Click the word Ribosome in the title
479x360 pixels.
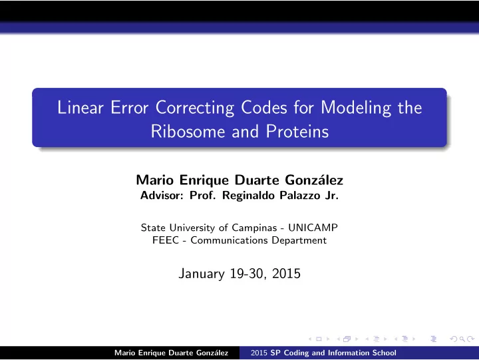(x=188, y=131)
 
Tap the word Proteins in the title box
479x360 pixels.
(x=297, y=131)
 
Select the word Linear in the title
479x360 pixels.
(x=80, y=108)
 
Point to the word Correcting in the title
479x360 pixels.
(x=195, y=108)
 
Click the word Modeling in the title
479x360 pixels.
(x=356, y=108)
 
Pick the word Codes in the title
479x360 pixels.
(x=264, y=108)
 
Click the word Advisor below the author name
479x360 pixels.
(x=162, y=195)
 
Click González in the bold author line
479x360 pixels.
(x=314, y=180)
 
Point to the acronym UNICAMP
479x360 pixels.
(x=313, y=228)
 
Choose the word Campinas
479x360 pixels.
(x=254, y=228)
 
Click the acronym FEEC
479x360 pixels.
(x=165, y=240)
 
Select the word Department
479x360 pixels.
(x=299, y=241)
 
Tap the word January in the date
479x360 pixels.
(x=202, y=273)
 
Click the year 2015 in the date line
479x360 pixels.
(x=286, y=273)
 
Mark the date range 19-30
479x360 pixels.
(x=246, y=273)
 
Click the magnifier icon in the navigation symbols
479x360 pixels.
(x=462, y=339)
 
